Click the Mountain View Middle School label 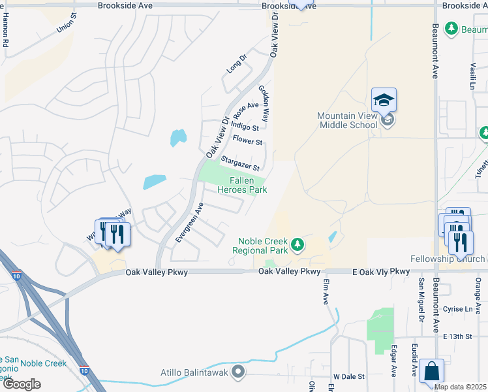click(347, 120)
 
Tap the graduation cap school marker click(384, 101)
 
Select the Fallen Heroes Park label click(248, 185)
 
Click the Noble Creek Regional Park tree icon click(297, 244)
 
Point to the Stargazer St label click(240, 164)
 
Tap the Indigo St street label click(245, 127)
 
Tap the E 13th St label click(457, 336)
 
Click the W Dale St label click(348, 377)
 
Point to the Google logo click(21, 384)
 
